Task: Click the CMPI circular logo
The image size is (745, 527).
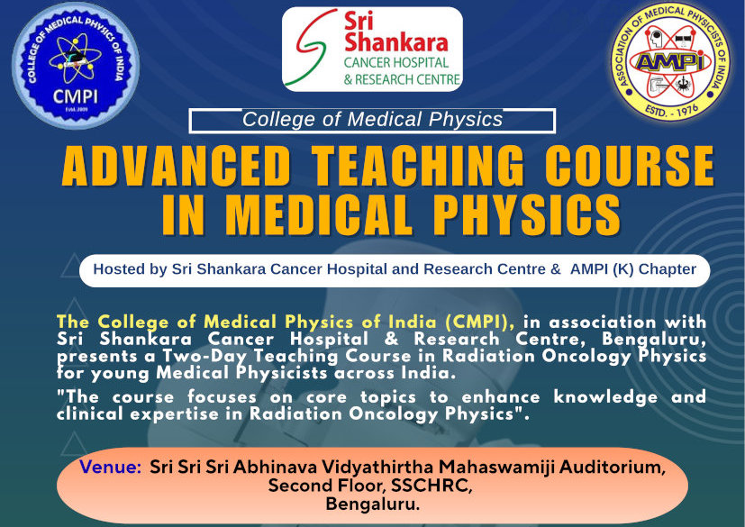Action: (76, 65)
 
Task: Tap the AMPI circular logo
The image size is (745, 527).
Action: (670, 61)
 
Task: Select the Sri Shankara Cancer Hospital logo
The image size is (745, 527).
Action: (372, 49)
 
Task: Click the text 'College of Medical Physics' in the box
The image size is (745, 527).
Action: (373, 119)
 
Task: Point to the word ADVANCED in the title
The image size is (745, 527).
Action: (176, 166)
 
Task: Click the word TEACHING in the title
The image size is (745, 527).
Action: (418, 166)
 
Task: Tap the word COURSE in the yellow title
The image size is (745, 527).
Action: (630, 166)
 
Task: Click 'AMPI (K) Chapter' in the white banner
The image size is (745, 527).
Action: (633, 269)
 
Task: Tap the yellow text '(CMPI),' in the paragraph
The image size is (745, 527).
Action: (480, 323)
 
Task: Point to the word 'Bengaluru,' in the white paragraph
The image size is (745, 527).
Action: (654, 340)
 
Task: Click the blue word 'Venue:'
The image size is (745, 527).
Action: (110, 467)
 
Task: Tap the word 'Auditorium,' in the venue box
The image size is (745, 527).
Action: (613, 468)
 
